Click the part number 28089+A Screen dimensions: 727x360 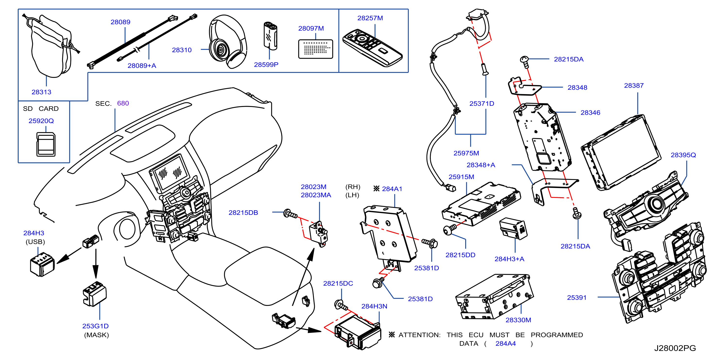coord(142,65)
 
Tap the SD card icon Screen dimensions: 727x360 coord(46,144)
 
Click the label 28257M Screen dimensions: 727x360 coord(370,18)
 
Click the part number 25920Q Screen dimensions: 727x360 coord(41,121)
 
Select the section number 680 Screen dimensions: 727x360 coord(123,103)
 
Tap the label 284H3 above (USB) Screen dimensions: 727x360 coord(34,233)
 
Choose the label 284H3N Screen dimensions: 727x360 coord(374,306)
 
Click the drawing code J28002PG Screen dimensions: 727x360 coord(675,348)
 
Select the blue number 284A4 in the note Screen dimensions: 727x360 coord(505,344)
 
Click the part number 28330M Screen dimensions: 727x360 coord(518,320)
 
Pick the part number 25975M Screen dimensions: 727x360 coord(466,153)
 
